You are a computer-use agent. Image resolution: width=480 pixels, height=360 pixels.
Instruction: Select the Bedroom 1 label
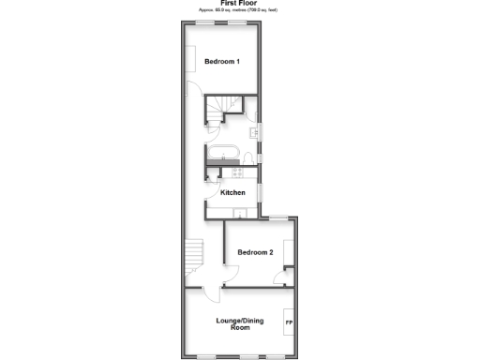[x=222, y=62]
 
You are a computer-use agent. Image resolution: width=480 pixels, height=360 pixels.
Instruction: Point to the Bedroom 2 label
[x=255, y=252]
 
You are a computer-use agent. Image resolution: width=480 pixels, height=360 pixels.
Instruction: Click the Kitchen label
[x=232, y=192]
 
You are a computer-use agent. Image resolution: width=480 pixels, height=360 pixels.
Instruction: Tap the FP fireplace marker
[x=288, y=322]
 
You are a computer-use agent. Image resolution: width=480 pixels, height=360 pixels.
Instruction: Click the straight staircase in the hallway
[x=194, y=253]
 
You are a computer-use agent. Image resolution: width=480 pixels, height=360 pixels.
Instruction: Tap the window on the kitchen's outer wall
[x=261, y=193]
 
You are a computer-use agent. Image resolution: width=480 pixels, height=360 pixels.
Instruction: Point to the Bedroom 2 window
[x=277, y=218]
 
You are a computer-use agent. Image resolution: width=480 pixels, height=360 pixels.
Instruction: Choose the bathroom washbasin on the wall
[x=259, y=131]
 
